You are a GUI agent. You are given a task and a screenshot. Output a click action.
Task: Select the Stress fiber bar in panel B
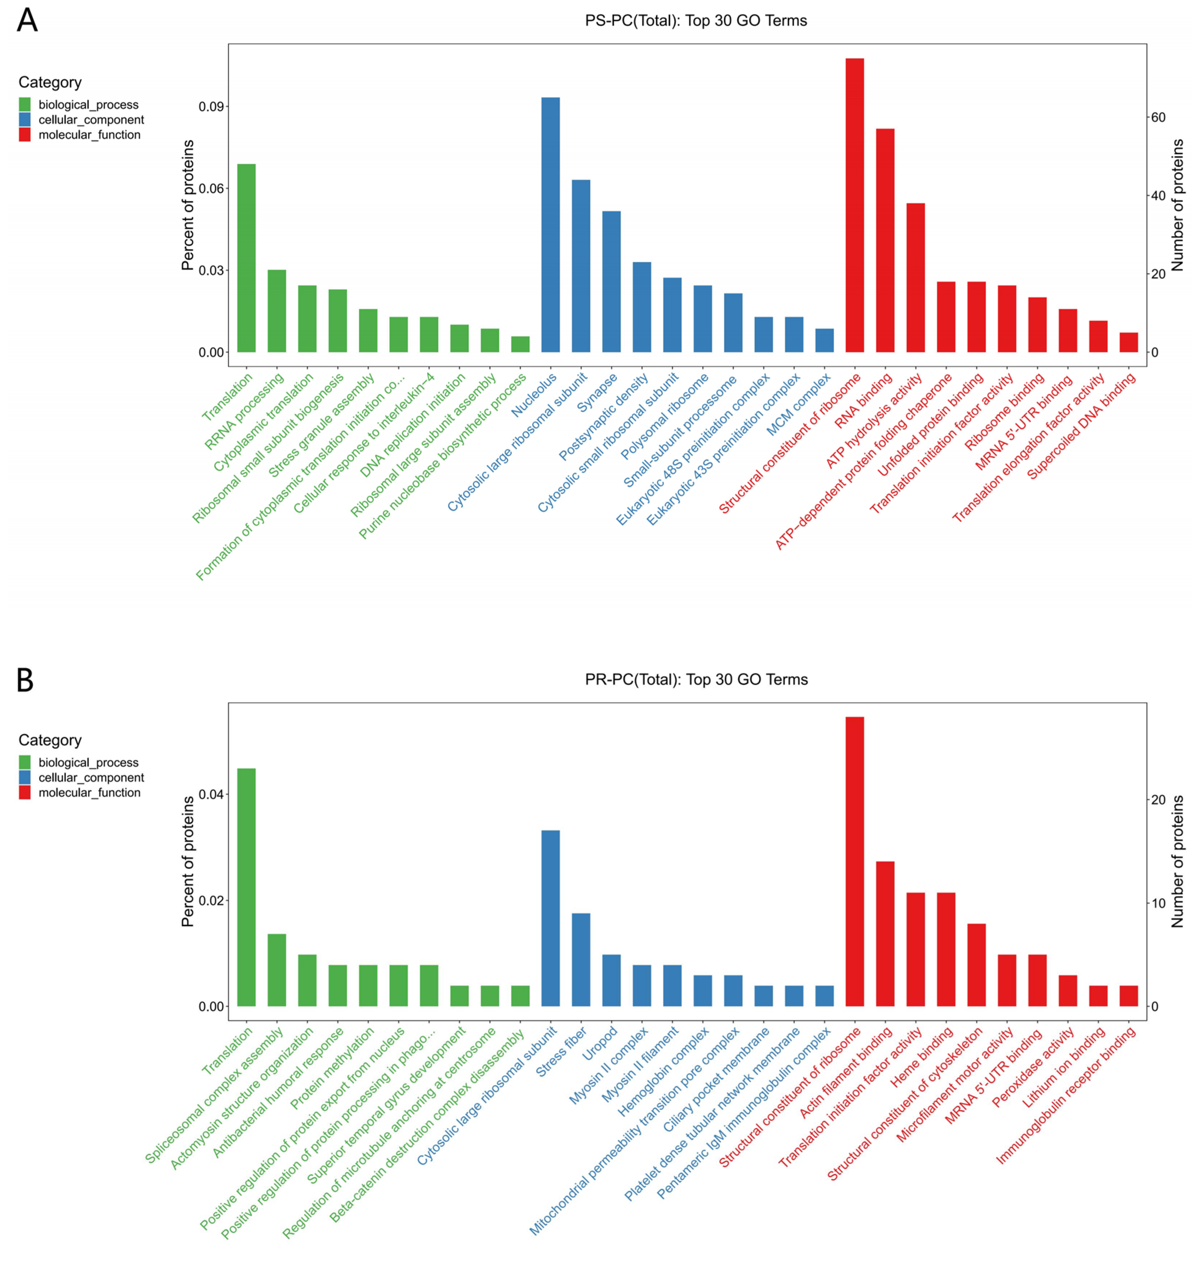[x=581, y=960]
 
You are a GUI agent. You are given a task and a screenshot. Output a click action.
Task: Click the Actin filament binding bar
[x=885, y=934]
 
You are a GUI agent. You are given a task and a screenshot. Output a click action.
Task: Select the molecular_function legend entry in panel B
[x=89, y=793]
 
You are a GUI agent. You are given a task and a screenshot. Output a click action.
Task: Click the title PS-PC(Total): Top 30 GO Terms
[x=696, y=21]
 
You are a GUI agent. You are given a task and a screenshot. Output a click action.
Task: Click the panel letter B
[x=25, y=680]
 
